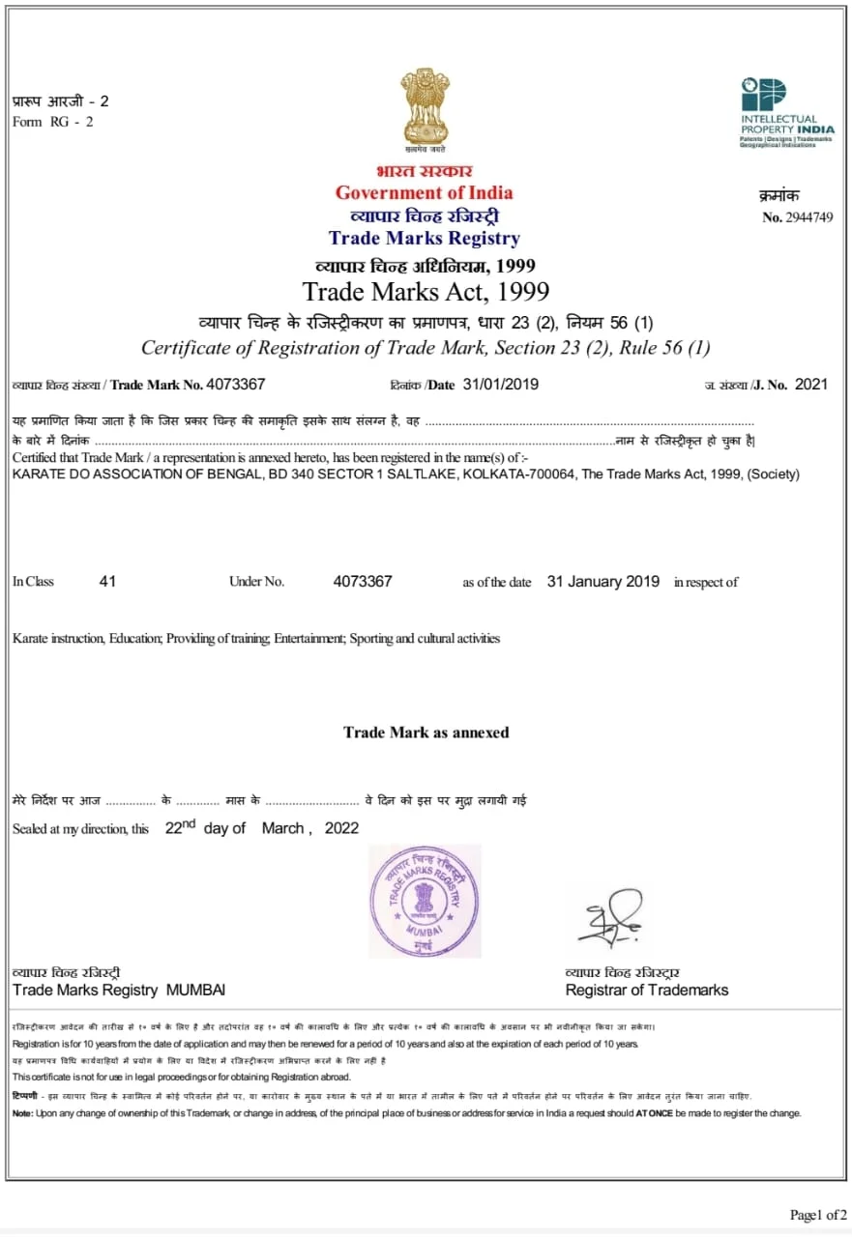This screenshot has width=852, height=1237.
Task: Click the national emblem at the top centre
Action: pos(426,105)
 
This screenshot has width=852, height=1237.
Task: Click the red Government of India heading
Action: pos(425,192)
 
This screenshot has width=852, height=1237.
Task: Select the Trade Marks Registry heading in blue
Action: pos(424,238)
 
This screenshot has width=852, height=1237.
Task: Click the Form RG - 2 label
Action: pos(53,122)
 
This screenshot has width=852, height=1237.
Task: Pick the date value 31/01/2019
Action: pos(501,385)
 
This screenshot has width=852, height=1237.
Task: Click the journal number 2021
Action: pos(811,385)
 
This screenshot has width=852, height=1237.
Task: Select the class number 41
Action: pos(107,582)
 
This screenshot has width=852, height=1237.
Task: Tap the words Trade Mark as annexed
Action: pos(426,733)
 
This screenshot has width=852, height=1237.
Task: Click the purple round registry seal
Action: pos(425,901)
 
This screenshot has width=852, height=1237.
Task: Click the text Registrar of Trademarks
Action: pos(647,990)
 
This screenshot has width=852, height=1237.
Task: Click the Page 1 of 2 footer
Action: pos(818,1215)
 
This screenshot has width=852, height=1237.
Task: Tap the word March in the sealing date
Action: pos(282,828)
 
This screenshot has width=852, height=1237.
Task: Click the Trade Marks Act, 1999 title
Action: pos(426,292)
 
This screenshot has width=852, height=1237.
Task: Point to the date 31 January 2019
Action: pos(603,582)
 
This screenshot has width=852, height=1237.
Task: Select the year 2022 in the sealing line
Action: pos(341,828)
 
